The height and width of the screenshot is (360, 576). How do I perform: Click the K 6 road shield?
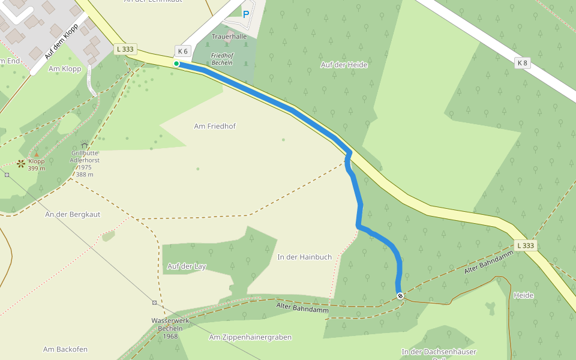coord(183,51)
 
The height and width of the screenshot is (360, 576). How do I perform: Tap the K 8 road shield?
coord(522,62)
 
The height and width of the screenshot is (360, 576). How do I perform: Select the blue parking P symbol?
coord(245,14)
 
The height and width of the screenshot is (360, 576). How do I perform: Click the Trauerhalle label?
coord(229,37)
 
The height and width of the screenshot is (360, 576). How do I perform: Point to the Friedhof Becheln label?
coord(222,59)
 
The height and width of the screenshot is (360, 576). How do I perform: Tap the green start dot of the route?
coord(176,64)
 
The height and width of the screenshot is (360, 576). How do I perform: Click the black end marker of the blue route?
coord(400,295)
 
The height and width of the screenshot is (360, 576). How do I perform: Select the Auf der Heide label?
coord(344,65)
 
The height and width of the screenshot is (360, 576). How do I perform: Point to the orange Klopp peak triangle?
coord(36,155)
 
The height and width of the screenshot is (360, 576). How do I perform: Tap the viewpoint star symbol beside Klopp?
coord(22,163)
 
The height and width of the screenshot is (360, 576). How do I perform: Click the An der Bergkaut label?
coord(73,214)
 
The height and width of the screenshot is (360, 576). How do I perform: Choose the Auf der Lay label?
coord(187,266)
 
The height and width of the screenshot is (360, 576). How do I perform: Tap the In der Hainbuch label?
coord(304,257)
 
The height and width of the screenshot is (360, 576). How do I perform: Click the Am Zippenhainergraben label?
coord(250,337)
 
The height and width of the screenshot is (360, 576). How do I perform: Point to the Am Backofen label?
coord(65,349)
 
